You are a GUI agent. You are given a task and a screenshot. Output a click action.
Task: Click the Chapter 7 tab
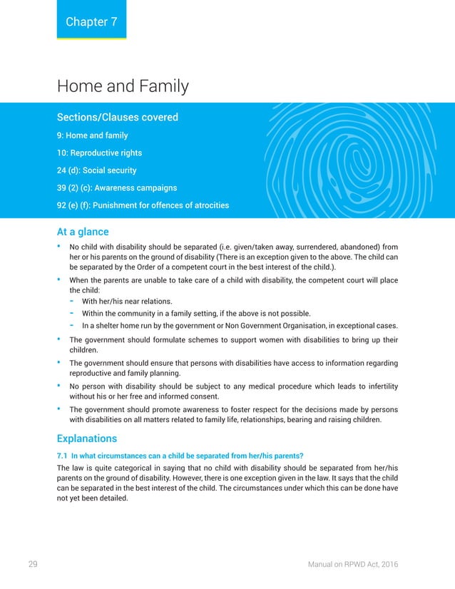pyautogui.click(x=91, y=21)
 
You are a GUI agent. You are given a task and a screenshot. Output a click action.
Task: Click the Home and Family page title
pyautogui.click(x=123, y=87)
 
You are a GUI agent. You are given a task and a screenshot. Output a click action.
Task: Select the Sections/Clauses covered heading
pyautogui.click(x=117, y=117)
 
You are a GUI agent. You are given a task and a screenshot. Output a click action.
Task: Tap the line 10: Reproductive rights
pyautogui.click(x=99, y=153)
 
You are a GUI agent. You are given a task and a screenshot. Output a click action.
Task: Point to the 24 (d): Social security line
pyautogui.click(x=96, y=170)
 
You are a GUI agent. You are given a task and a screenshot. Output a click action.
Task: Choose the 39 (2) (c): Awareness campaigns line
pyautogui.click(x=117, y=188)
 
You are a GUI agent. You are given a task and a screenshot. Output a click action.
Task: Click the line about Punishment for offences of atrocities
pyautogui.click(x=143, y=205)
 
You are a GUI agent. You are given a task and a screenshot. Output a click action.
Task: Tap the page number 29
pyautogui.click(x=33, y=565)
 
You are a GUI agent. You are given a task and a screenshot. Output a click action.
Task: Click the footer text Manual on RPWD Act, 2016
pyautogui.click(x=353, y=565)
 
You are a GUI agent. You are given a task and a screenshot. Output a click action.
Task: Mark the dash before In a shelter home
pyautogui.click(x=73, y=326)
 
